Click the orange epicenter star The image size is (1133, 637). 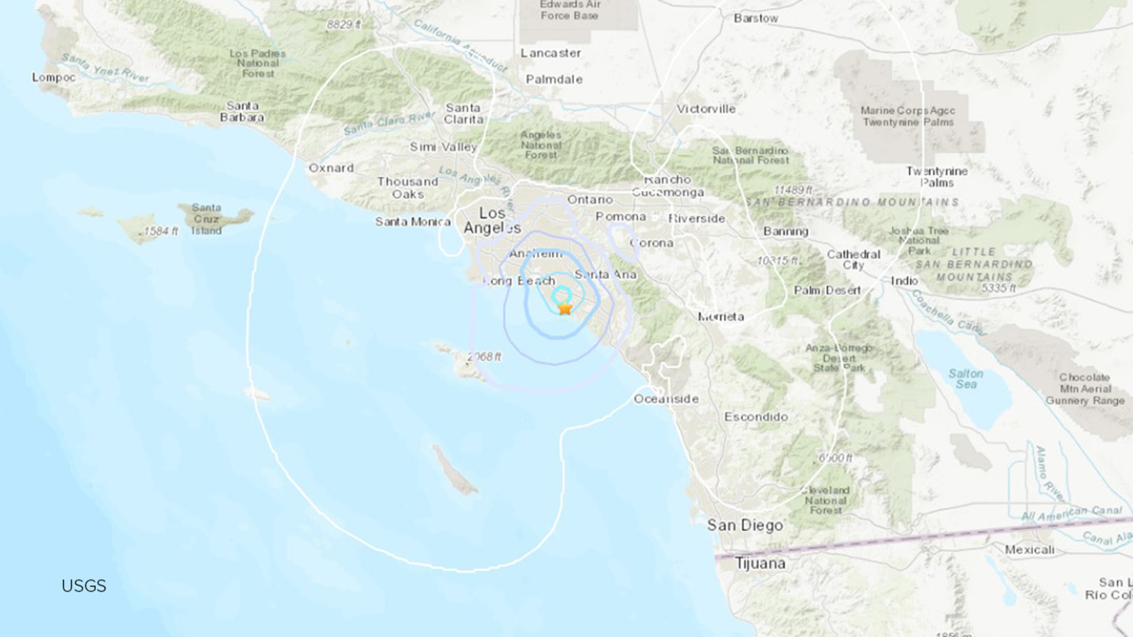pyautogui.click(x=564, y=309)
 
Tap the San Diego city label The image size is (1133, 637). pyautogui.click(x=745, y=525)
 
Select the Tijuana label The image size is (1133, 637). pyautogui.click(x=760, y=563)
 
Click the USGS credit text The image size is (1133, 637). pyautogui.click(x=84, y=586)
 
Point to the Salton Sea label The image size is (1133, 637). pyautogui.click(x=966, y=379)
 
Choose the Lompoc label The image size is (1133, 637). pyautogui.click(x=54, y=77)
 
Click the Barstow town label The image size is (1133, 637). pyautogui.click(x=756, y=18)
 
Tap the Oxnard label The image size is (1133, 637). pyautogui.click(x=331, y=168)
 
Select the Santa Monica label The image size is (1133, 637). pyautogui.click(x=413, y=222)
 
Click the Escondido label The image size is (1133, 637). pyautogui.click(x=756, y=417)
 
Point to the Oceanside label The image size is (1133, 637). pyautogui.click(x=666, y=398)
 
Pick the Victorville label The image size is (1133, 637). pyautogui.click(x=706, y=109)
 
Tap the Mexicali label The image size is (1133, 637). pyautogui.click(x=1030, y=549)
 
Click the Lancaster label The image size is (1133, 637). pyautogui.click(x=550, y=53)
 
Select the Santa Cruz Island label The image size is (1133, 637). pyautogui.click(x=206, y=219)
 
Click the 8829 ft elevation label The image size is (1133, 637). pyautogui.click(x=343, y=25)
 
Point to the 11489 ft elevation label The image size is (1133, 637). pyautogui.click(x=793, y=190)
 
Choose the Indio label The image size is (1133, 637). pyautogui.click(x=904, y=280)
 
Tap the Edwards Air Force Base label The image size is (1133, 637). pyautogui.click(x=569, y=10)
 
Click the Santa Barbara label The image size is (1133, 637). pyautogui.click(x=242, y=112)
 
